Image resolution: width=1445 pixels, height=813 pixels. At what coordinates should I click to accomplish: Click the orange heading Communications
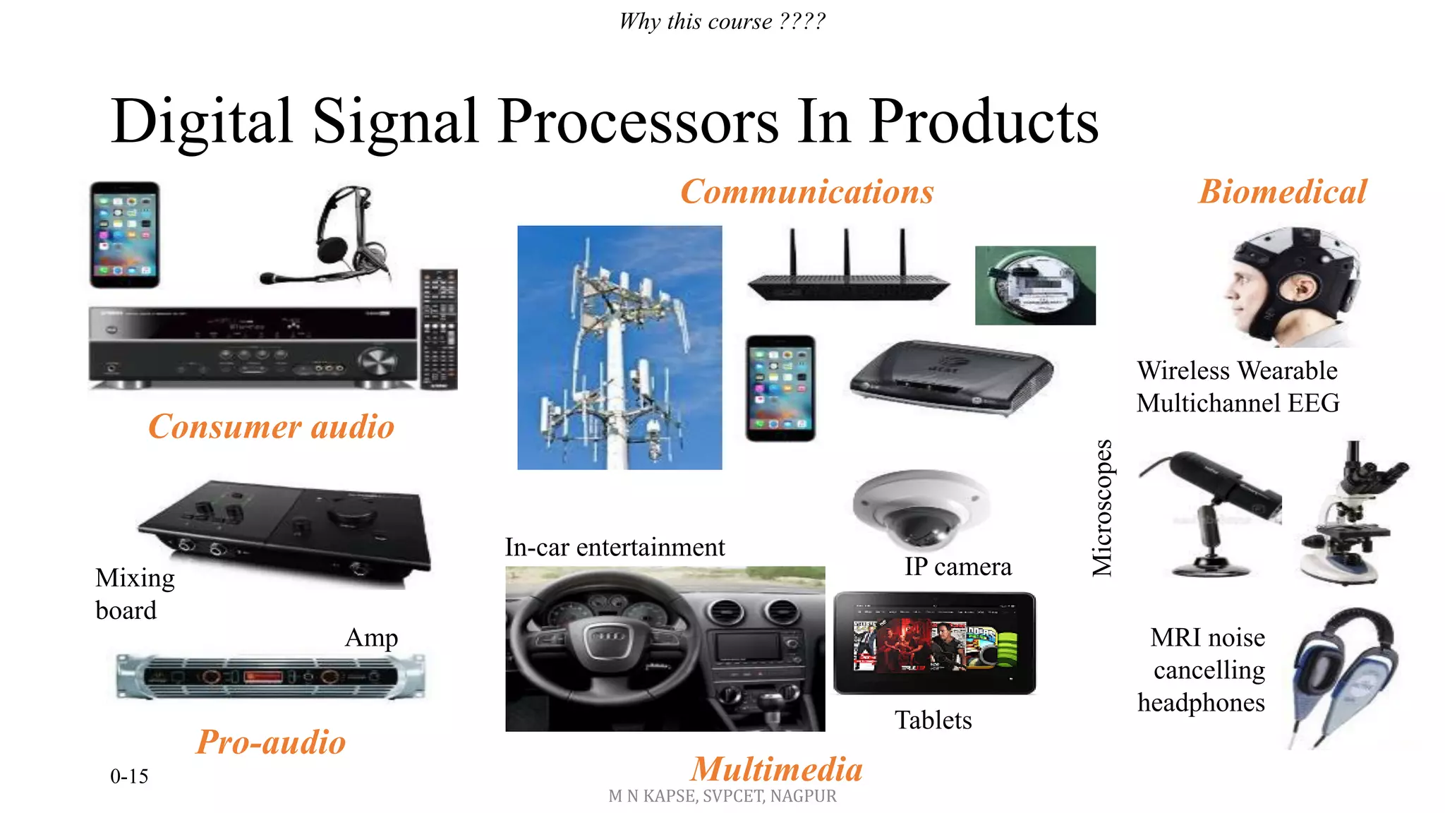click(806, 192)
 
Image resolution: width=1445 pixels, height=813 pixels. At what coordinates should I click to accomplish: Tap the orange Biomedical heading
click(1283, 192)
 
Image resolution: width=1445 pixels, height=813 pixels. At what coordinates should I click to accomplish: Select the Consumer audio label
click(271, 427)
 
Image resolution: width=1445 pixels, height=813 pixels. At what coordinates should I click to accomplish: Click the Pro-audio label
click(271, 742)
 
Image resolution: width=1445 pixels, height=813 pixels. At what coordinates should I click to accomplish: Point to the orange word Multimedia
click(777, 769)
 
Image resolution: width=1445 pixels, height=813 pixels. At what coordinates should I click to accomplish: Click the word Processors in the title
click(639, 121)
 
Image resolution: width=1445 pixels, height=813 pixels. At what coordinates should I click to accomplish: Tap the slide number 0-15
click(129, 776)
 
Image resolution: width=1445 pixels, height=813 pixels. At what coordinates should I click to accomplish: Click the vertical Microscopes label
click(1102, 508)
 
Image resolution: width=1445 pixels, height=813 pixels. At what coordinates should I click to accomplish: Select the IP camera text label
click(958, 567)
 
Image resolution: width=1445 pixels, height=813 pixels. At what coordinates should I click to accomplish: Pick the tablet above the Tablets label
click(935, 643)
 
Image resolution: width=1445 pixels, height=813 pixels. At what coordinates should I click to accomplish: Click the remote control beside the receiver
click(439, 329)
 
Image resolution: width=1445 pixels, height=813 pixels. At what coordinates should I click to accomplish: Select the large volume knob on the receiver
click(377, 361)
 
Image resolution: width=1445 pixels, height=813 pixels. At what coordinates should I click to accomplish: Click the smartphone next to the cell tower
click(780, 388)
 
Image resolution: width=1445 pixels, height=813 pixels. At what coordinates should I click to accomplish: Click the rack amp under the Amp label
click(271, 677)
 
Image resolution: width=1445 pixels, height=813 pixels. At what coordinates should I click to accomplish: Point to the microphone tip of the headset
click(267, 279)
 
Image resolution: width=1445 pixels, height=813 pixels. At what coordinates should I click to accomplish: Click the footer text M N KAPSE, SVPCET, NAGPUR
click(722, 796)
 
